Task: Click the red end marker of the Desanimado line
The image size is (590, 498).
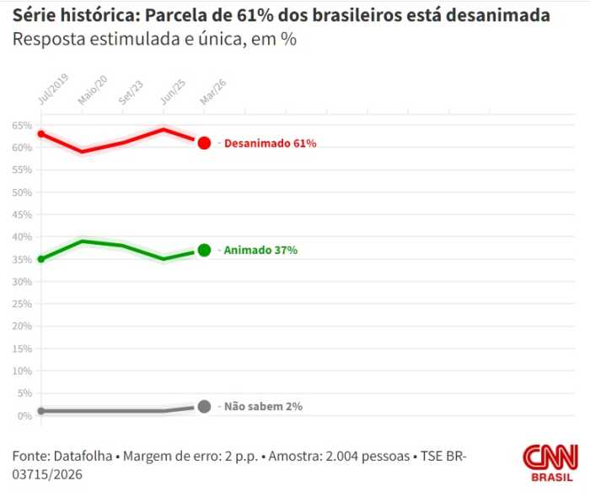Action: click(204, 143)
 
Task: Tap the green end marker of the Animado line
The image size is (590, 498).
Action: click(204, 250)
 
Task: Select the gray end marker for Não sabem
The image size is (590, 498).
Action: click(204, 406)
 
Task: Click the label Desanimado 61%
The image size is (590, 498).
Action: click(270, 143)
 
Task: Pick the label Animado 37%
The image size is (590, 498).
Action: click(260, 251)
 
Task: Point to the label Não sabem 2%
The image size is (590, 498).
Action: click(263, 406)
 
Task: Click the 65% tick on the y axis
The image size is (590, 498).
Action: click(21, 125)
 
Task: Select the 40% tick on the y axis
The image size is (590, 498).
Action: click(21, 236)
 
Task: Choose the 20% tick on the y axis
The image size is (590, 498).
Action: click(21, 326)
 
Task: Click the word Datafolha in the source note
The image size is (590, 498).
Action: click(83, 456)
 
